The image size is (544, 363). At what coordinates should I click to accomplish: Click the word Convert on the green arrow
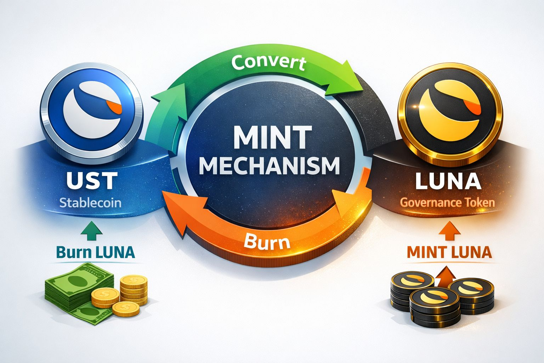268,63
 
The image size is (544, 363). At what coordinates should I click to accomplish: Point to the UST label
91,180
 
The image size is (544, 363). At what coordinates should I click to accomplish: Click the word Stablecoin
90,203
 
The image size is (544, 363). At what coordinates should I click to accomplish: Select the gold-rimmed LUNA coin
450,108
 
